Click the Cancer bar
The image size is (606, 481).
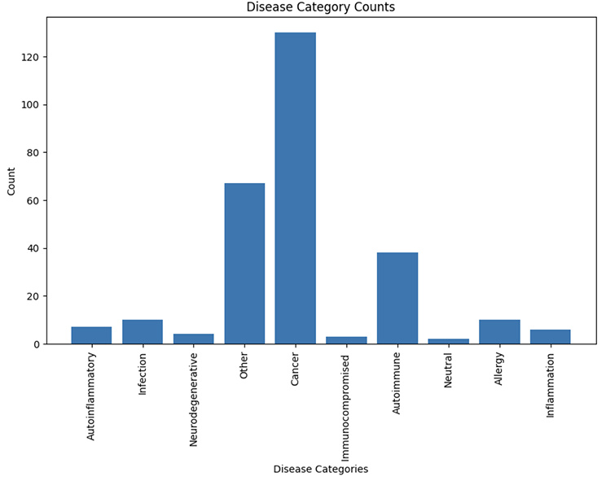295,188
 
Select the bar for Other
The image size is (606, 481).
244,264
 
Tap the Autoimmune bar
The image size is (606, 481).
397,298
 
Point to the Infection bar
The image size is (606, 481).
143,332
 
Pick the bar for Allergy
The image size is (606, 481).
499,332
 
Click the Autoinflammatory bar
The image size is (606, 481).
91,335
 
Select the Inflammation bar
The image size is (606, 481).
550,337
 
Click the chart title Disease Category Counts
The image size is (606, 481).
320,7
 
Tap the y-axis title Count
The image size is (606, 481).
11,181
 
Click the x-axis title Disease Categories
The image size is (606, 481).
320,469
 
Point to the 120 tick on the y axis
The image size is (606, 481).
31,57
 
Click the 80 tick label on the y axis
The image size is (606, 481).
33,153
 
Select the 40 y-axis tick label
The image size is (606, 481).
33,248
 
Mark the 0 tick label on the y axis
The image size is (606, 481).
37,344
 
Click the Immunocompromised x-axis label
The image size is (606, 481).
346,397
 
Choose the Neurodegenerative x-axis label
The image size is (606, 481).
194,399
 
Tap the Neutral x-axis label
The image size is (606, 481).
448,370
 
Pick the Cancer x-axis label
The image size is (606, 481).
295,369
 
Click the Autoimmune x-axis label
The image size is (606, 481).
397,383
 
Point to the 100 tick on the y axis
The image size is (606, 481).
31,105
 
